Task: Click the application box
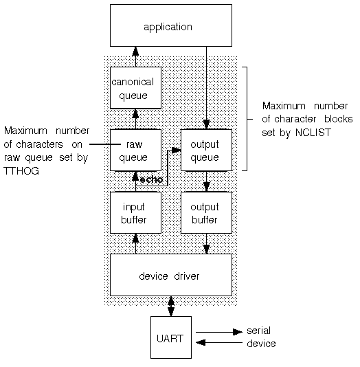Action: (171, 25)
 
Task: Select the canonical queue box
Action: (135, 88)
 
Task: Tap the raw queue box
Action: (135, 150)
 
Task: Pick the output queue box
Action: (207, 150)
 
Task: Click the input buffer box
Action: (135, 212)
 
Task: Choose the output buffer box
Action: (207, 212)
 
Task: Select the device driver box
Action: (171, 275)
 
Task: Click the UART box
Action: (171, 337)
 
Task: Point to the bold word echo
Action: (151, 180)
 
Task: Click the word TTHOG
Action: (21, 171)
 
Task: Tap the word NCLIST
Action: (313, 133)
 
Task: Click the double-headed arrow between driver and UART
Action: (171, 306)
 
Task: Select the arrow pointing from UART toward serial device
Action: (219, 332)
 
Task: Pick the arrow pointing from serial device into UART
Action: (219, 343)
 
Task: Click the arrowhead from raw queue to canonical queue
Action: (135, 114)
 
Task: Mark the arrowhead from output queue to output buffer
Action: (207, 186)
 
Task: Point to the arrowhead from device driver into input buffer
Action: (135, 238)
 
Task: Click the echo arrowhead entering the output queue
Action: (176, 150)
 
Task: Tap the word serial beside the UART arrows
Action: (259, 331)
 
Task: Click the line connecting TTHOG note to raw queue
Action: (105, 144)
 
